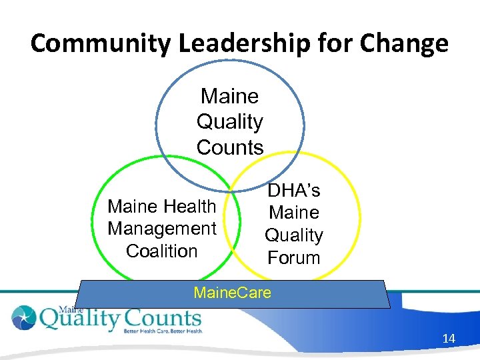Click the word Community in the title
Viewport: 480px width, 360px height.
tap(99, 44)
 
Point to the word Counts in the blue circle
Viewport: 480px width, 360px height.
tap(230, 147)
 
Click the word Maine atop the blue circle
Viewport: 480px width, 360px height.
tap(229, 97)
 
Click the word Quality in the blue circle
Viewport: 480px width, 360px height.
tap(230, 122)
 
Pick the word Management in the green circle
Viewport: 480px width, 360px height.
tap(162, 229)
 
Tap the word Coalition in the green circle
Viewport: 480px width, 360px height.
tap(162, 251)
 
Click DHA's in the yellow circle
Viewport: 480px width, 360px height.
tap(294, 191)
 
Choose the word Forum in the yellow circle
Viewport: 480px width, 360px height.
tap(294, 257)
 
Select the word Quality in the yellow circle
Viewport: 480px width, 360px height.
tap(294, 235)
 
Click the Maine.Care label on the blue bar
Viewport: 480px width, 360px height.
tap(232, 292)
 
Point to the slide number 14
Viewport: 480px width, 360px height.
tap(449, 339)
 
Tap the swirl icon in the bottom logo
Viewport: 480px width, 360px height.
tap(24, 317)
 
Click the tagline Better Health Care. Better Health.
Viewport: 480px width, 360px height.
tap(162, 331)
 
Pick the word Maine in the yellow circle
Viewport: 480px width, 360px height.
tap(294, 213)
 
